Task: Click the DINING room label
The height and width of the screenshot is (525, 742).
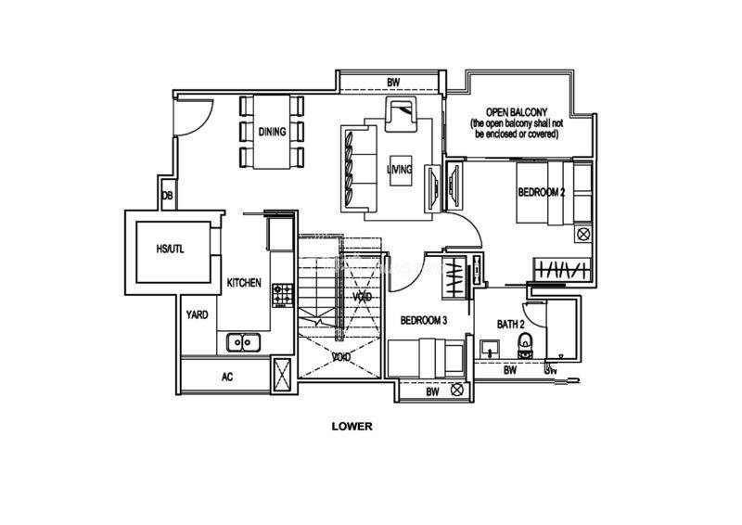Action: pyautogui.click(x=272, y=132)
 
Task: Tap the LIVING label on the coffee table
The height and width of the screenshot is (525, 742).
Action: pyautogui.click(x=399, y=169)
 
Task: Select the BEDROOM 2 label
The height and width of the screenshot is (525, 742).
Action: pyautogui.click(x=542, y=192)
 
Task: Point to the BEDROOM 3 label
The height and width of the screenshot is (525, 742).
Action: pyautogui.click(x=424, y=321)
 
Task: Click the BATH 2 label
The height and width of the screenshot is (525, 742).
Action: pyautogui.click(x=511, y=325)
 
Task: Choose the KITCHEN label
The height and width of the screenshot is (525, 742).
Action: pyautogui.click(x=244, y=283)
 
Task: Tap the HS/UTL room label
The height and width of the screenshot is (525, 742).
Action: pyautogui.click(x=170, y=249)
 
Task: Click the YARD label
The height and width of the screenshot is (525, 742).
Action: pyautogui.click(x=197, y=314)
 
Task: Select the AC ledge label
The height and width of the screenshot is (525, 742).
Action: pyautogui.click(x=227, y=377)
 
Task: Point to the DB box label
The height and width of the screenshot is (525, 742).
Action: pyautogui.click(x=167, y=195)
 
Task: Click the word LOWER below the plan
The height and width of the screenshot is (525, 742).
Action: pyautogui.click(x=352, y=426)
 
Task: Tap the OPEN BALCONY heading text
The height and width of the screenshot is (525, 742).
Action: pyautogui.click(x=517, y=112)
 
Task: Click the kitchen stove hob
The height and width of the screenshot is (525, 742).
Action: pyautogui.click(x=283, y=294)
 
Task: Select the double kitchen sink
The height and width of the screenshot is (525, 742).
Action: pyautogui.click(x=243, y=341)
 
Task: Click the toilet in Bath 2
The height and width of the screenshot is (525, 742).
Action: pyautogui.click(x=524, y=345)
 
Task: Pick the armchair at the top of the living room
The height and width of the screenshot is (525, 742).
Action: pyautogui.click(x=401, y=114)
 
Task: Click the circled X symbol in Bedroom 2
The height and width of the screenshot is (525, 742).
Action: pyautogui.click(x=583, y=234)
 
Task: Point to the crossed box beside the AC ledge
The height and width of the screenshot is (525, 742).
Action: pyautogui.click(x=283, y=374)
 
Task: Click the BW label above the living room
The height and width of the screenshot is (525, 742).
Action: pyautogui.click(x=393, y=82)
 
